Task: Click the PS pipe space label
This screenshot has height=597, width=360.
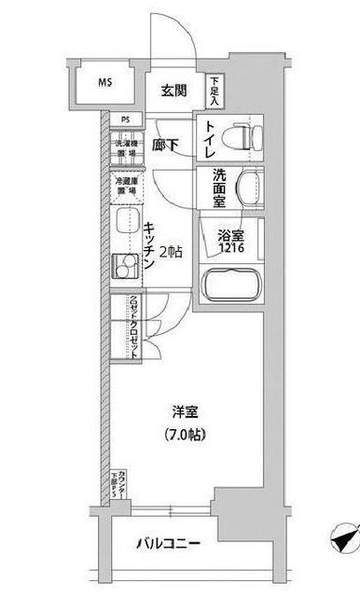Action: tap(125, 119)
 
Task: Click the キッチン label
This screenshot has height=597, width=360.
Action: tap(149, 244)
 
